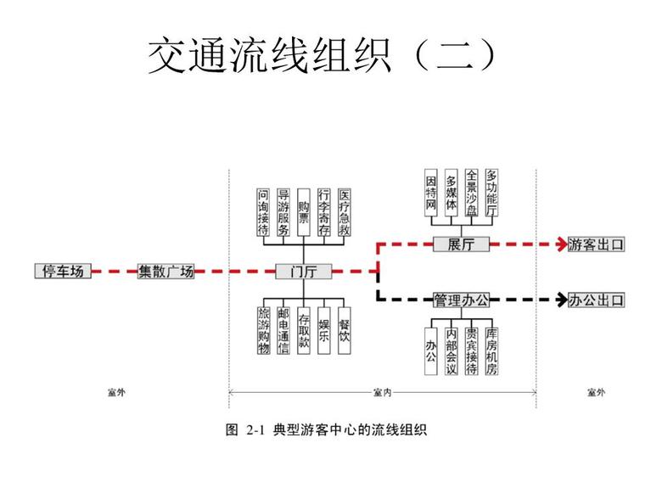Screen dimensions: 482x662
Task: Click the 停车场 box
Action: pos(64,272)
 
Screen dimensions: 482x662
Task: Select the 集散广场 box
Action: pos(165,272)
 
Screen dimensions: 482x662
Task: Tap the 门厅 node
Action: pos(303,272)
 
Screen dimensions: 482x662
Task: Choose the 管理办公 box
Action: pos(461,300)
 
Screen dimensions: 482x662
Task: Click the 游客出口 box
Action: pos(596,244)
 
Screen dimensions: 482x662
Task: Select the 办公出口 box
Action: pos(596,300)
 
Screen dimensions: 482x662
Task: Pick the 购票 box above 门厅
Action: pos(303,212)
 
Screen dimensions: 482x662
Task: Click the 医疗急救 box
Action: pos(344,212)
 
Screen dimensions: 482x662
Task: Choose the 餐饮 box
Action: pos(344,330)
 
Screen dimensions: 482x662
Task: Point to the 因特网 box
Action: pos(431,193)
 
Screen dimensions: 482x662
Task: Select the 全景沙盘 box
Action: pos(472,193)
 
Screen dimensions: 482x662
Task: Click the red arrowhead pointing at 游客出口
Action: pos(560,244)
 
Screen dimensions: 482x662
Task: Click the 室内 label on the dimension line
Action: pos(382,392)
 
